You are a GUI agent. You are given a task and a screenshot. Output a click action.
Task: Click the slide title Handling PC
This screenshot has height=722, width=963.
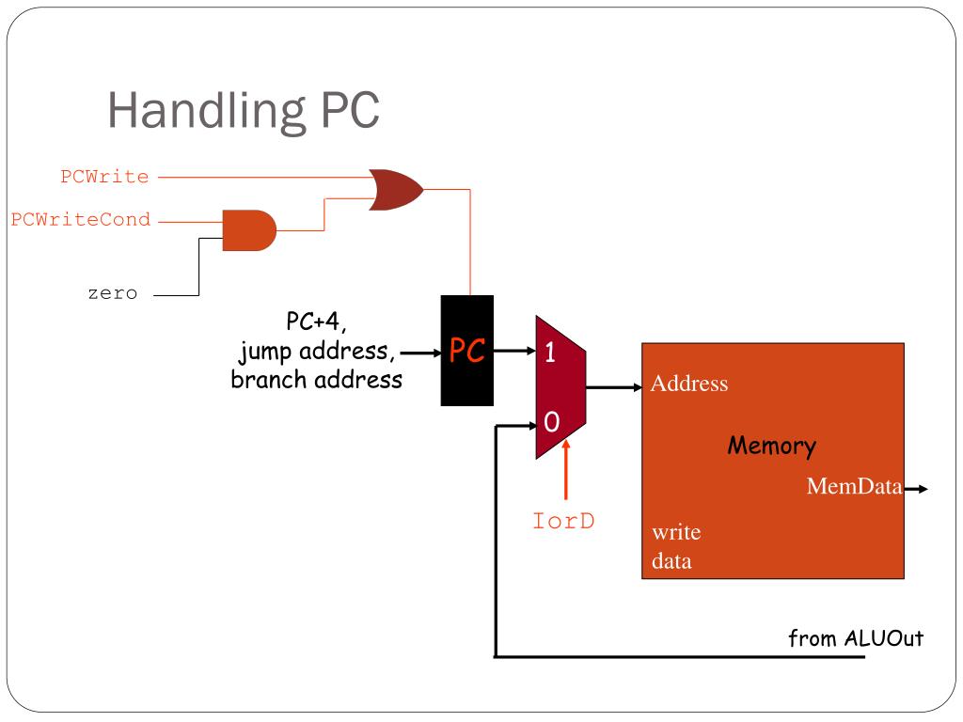(x=244, y=111)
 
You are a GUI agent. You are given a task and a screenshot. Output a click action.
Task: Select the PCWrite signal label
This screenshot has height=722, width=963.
(x=104, y=177)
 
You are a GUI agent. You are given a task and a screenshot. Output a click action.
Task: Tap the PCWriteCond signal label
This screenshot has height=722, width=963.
(x=81, y=220)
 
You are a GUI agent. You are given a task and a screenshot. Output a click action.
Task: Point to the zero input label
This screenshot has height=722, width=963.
(x=113, y=293)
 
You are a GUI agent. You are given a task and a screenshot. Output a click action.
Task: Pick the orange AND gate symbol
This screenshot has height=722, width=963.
(x=249, y=230)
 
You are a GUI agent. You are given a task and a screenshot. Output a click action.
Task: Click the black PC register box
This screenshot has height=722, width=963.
(x=466, y=351)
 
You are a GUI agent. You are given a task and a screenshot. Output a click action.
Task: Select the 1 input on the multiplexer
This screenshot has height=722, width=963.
(x=549, y=353)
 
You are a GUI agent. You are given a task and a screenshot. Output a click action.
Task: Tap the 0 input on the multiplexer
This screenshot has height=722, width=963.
(x=551, y=422)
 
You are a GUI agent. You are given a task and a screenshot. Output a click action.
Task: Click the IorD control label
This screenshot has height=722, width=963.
(x=563, y=521)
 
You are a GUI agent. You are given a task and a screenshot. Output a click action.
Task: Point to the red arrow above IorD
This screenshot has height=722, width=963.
(x=565, y=470)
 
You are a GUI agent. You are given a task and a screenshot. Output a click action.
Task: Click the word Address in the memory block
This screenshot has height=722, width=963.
(x=689, y=384)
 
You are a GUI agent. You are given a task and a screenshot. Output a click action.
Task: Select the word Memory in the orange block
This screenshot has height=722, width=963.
(x=772, y=446)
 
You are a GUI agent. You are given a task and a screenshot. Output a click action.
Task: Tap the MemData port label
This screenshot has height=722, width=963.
(x=854, y=486)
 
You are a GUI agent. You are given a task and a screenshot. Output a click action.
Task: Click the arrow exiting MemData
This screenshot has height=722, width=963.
(x=916, y=489)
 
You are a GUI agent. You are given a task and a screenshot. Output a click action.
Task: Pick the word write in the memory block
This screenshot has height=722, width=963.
(x=676, y=532)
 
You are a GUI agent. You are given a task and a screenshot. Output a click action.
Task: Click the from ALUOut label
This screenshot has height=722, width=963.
(x=856, y=638)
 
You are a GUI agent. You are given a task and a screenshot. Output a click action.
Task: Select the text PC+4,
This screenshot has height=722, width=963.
(x=316, y=322)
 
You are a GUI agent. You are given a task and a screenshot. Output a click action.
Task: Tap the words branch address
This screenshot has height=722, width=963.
(x=316, y=380)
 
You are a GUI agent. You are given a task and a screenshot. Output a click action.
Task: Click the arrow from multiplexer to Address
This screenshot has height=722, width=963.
(x=614, y=387)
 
